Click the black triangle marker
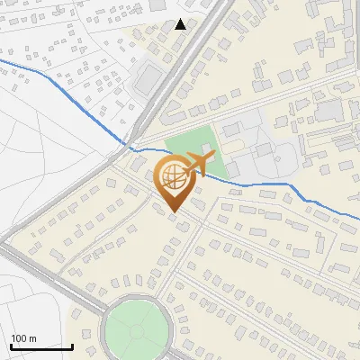coord(181,24)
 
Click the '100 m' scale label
coord(24,338)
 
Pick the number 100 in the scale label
coord(20,338)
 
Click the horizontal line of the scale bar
coord(40,346)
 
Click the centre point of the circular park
coord(137,330)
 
